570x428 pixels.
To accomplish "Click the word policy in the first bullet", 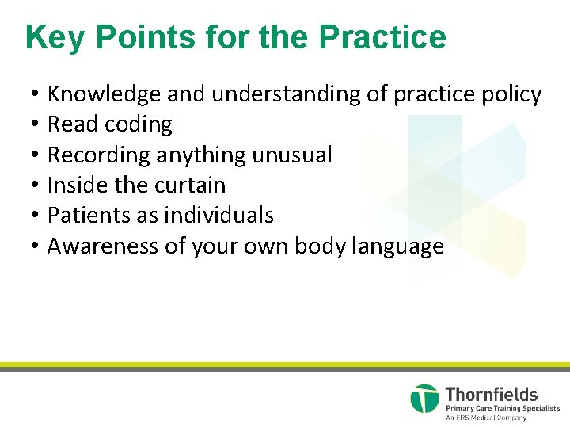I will [511, 94].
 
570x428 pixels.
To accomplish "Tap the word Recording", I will [99, 155].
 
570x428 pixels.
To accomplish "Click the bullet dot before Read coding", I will [36, 125].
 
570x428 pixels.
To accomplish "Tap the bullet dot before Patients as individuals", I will [36, 216].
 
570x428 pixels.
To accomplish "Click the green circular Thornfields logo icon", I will [424, 399].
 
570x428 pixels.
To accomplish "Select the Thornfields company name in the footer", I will [492, 394].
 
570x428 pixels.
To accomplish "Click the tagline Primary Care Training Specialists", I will [502, 408].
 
